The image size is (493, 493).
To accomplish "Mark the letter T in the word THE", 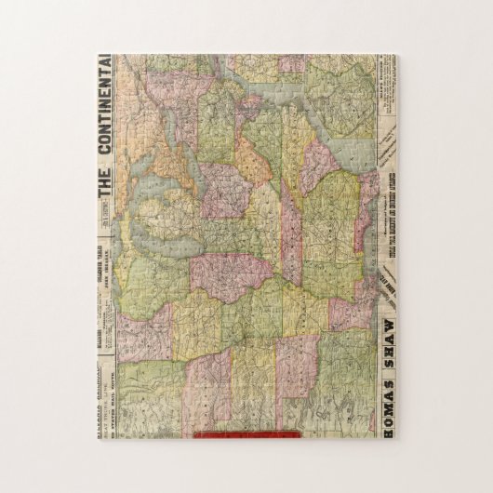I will (x=104, y=207).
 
